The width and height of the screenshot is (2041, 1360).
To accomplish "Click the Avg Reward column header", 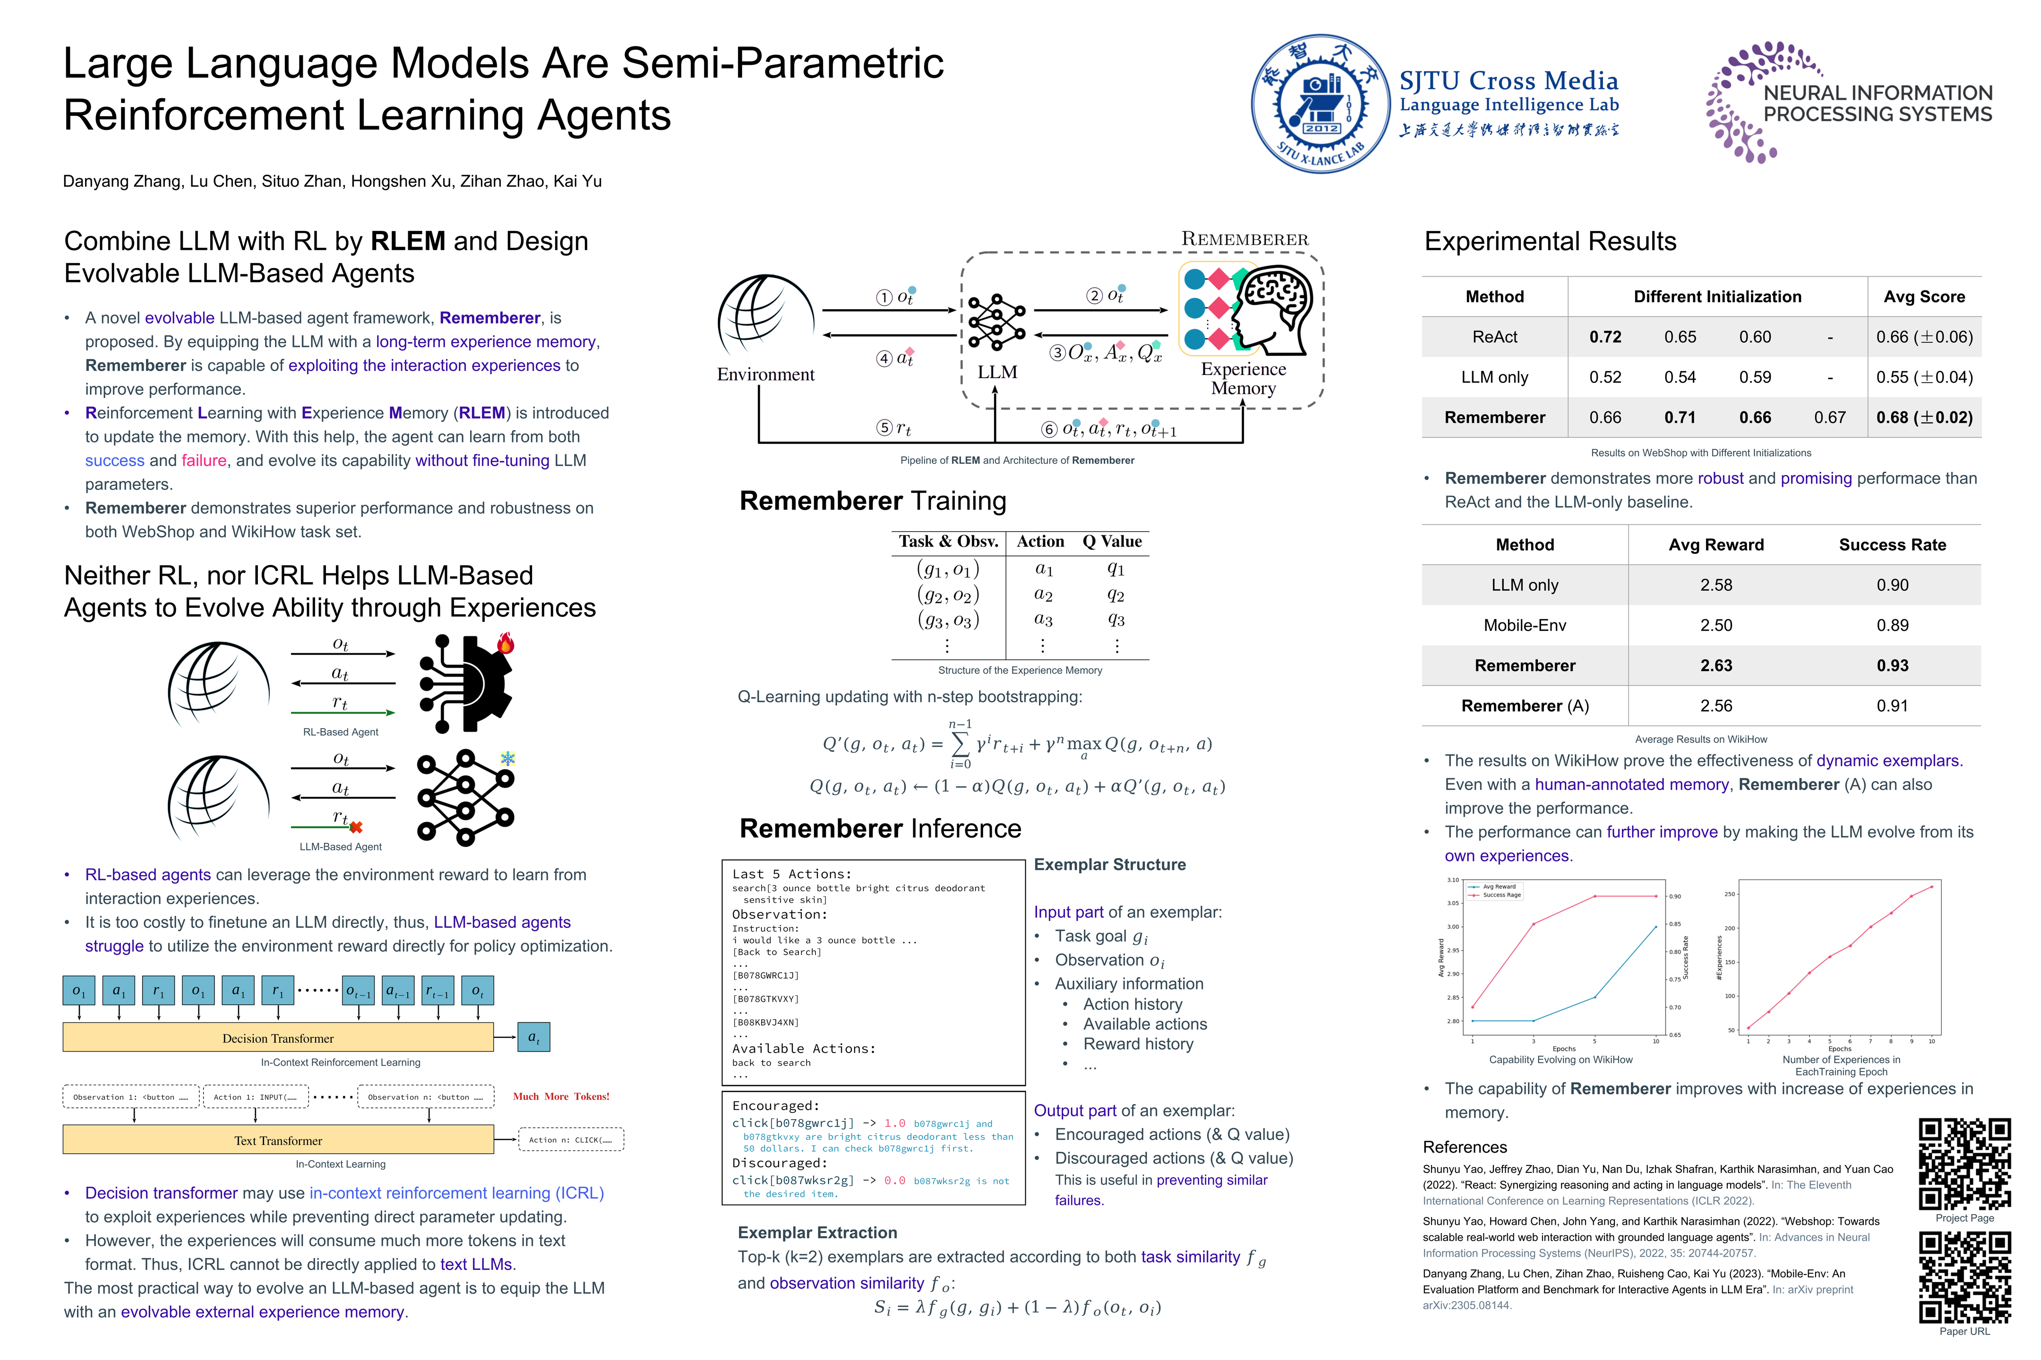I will pyautogui.click(x=1715, y=544).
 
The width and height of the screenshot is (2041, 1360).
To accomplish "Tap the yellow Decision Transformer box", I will pyautogui.click(x=278, y=1037).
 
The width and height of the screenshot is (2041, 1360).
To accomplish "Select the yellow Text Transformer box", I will pyautogui.click(x=278, y=1139).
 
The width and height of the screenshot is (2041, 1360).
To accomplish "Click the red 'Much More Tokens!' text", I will pyautogui.click(x=561, y=1096).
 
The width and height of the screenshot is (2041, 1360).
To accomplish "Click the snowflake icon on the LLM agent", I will pyautogui.click(x=507, y=759).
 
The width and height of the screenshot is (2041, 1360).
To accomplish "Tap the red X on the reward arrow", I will pyautogui.click(x=356, y=826).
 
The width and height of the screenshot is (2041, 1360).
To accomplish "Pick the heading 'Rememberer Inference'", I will pyautogui.click(x=880, y=828).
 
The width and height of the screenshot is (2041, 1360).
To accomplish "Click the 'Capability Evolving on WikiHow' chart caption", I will pyautogui.click(x=1560, y=1059).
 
